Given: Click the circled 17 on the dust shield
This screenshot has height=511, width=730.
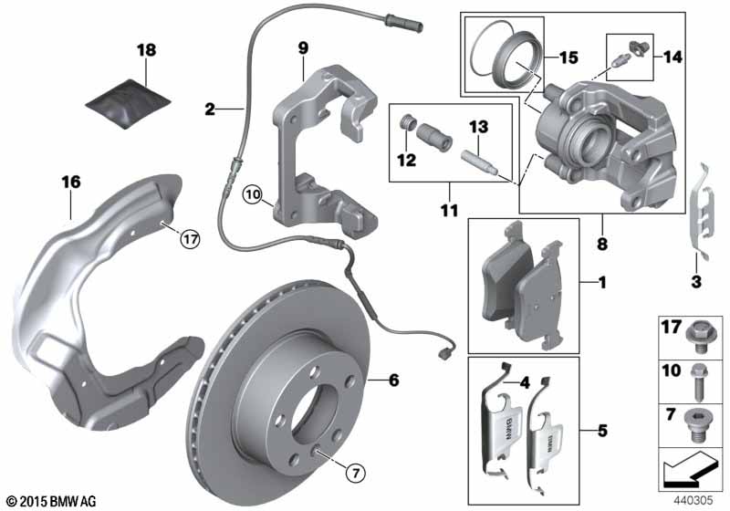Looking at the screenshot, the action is (x=188, y=241).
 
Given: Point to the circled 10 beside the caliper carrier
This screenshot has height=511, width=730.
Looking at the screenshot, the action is (x=252, y=194).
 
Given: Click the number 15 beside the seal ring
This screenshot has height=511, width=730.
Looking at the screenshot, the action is (x=568, y=57).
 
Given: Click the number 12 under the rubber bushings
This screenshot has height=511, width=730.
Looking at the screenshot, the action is (x=406, y=160).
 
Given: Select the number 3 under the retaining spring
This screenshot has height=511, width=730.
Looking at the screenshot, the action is (x=695, y=282).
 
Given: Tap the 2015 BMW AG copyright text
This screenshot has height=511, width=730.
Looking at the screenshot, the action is (x=50, y=501).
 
